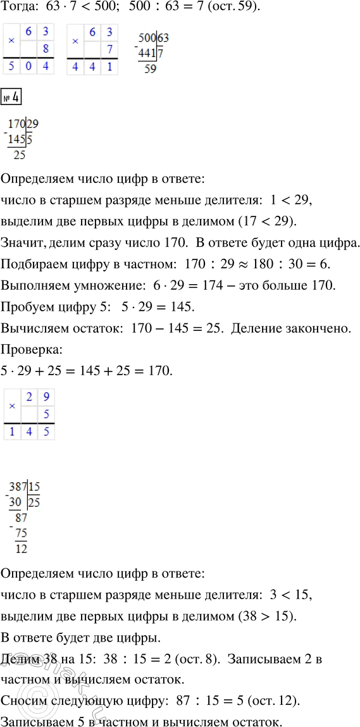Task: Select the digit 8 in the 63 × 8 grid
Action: click(44, 48)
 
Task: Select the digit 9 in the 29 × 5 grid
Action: click(44, 397)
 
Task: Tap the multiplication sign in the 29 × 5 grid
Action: click(11, 406)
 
